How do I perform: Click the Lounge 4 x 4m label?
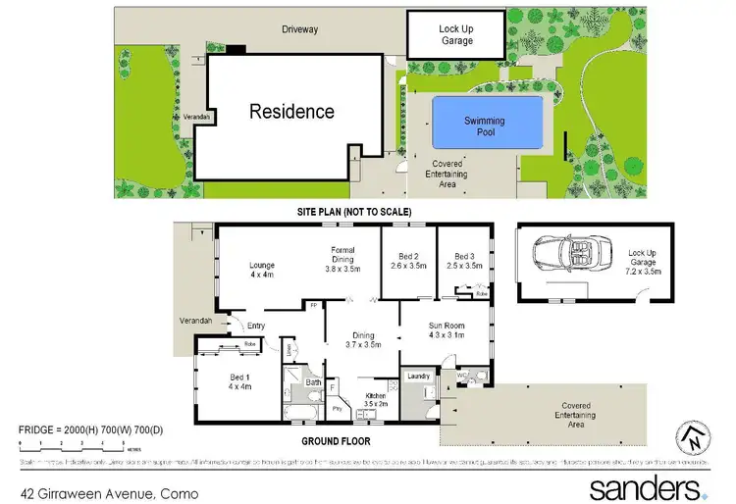point(261,270)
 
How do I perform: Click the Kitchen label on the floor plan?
point(377,399)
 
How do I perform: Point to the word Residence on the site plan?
point(291,112)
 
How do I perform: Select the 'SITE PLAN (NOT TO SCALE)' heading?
point(354,212)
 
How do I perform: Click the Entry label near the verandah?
point(256,327)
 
